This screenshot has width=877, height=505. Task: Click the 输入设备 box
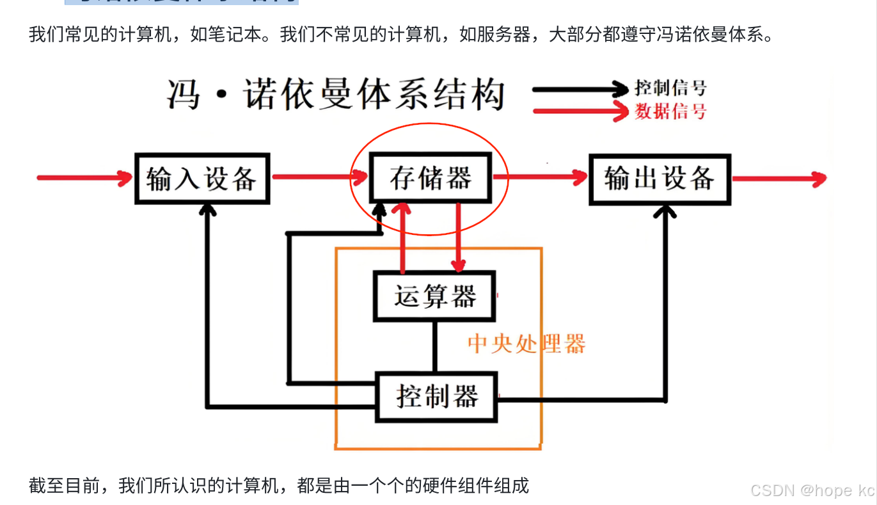point(201,179)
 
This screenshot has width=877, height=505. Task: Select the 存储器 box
point(431,178)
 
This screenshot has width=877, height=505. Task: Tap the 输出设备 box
point(660,179)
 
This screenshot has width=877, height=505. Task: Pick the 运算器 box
point(434,296)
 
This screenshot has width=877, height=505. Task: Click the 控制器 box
point(437,397)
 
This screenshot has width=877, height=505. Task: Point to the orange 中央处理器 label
point(526,344)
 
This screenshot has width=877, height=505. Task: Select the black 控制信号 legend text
point(670,88)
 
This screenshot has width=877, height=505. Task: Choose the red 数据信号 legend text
point(670,111)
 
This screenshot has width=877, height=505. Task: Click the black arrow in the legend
point(579,89)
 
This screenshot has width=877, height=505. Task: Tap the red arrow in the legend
point(579,111)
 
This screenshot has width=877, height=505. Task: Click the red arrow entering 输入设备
point(83,178)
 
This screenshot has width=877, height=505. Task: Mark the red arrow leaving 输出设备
point(777,179)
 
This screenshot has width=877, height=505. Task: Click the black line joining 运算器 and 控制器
point(435,346)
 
